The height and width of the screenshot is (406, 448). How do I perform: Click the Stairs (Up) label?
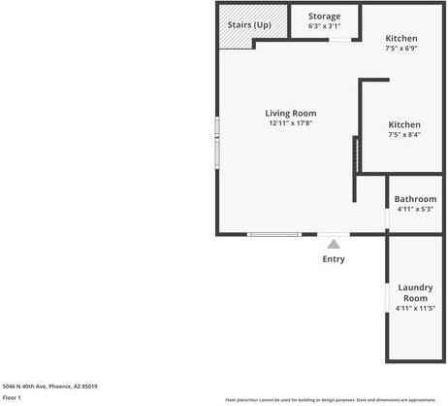249,24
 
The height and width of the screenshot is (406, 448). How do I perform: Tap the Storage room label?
324,17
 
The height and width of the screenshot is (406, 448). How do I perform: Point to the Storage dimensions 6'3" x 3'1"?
324,26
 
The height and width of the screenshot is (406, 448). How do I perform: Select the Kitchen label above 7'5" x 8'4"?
404,124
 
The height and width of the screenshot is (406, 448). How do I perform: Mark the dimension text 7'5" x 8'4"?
404,135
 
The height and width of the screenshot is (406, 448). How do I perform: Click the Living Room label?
291,114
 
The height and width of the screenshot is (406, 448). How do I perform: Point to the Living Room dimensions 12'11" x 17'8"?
291,123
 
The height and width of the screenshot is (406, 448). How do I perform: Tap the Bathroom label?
415,199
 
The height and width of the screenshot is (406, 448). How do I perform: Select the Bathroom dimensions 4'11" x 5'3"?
415,209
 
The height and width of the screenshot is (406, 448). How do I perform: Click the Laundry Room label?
415,292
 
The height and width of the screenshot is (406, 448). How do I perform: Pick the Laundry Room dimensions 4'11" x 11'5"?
415,308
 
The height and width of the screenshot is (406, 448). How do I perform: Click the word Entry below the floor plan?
333,259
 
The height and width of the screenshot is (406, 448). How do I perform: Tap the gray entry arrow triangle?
333,244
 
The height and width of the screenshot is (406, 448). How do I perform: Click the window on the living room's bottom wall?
273,234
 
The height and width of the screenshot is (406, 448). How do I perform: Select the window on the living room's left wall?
217,142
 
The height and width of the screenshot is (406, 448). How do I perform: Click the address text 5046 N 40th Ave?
49,386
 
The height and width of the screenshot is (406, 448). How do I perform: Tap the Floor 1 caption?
12,397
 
